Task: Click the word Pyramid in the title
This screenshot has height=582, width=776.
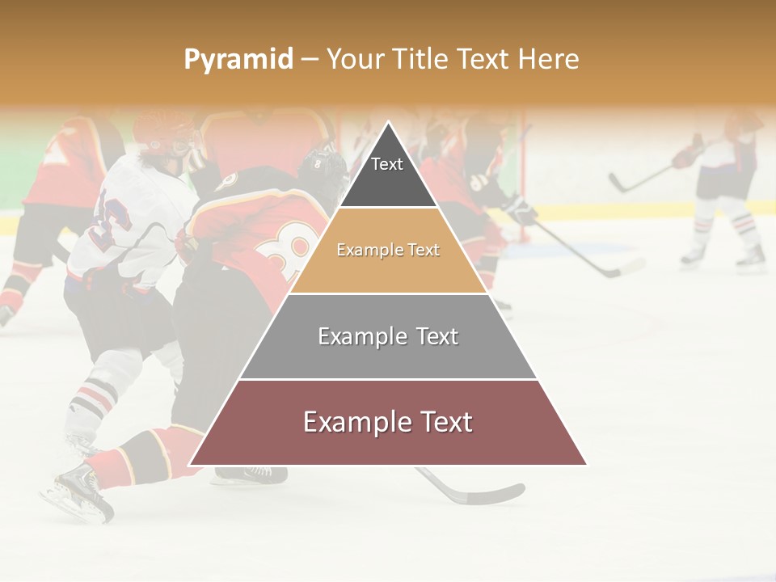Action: coord(238,60)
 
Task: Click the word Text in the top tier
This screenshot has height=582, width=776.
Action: coord(387,164)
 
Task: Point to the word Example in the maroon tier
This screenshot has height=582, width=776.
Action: coord(353,422)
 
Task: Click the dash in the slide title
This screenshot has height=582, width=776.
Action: coord(310,59)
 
